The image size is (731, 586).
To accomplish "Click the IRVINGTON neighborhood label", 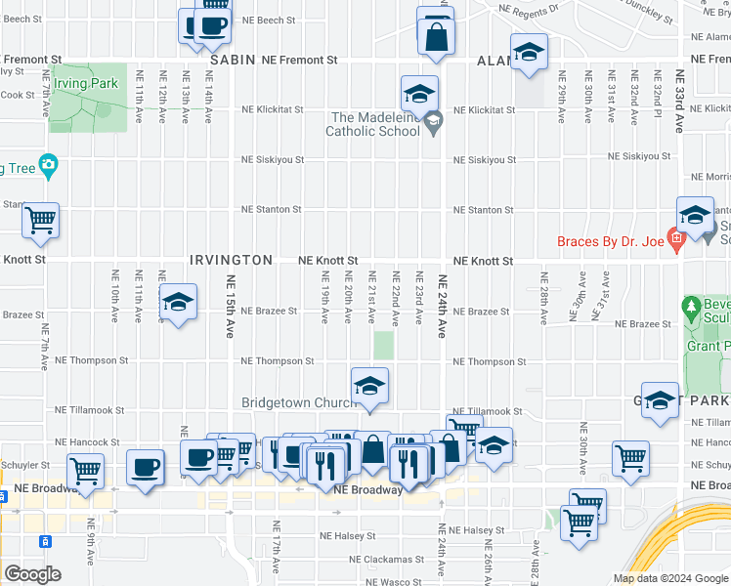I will [231, 261].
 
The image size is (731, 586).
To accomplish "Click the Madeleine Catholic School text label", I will [371, 123].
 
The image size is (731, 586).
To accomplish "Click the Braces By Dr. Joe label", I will [610, 241].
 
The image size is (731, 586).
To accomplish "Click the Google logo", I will [32, 573].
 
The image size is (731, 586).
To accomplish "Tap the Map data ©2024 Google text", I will [669, 578].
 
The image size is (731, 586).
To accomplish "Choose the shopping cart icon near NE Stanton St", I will [41, 221].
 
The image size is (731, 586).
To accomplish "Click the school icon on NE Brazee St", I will [178, 303].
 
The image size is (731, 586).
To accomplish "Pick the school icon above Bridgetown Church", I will [369, 387].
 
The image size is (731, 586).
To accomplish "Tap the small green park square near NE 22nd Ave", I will [384, 345].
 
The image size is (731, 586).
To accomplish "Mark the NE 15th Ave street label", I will [232, 306].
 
